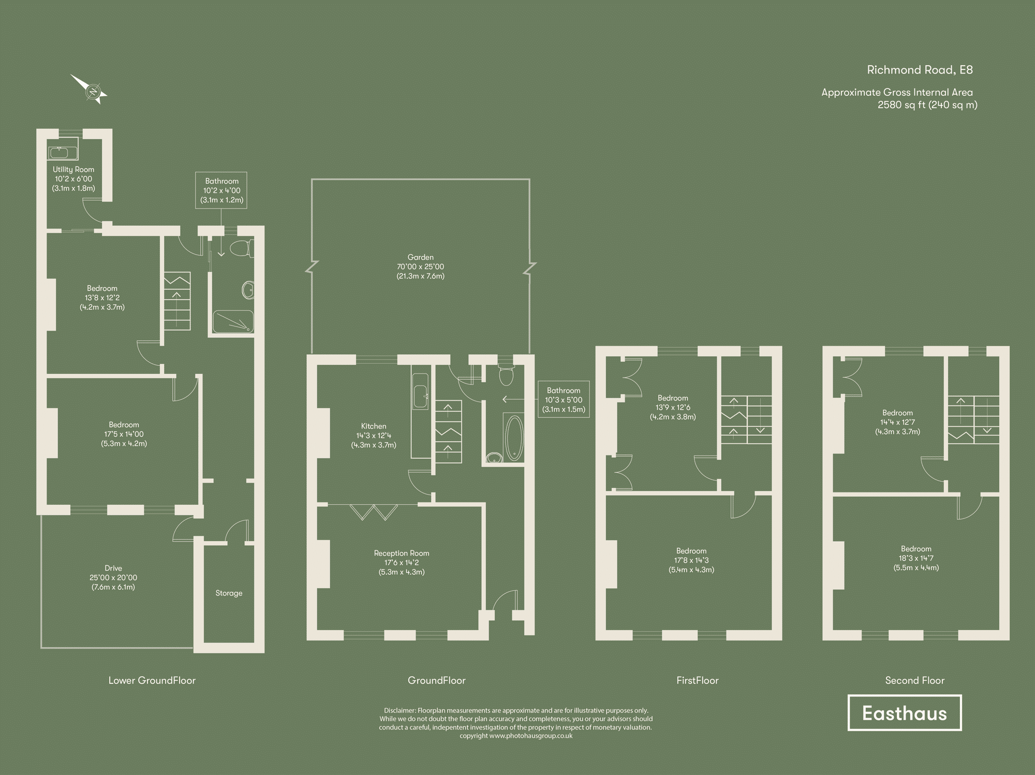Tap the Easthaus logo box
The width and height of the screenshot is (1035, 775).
pyautogui.click(x=904, y=713)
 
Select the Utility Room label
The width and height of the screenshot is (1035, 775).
pyautogui.click(x=73, y=169)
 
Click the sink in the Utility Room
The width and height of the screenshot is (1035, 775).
pyautogui.click(x=63, y=153)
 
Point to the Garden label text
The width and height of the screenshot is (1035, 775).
pyautogui.click(x=420, y=257)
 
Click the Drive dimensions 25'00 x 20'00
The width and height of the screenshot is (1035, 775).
pyautogui.click(x=113, y=577)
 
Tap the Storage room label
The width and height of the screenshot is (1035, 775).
pyautogui.click(x=229, y=593)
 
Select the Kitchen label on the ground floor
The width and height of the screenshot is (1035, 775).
pyautogui.click(x=374, y=426)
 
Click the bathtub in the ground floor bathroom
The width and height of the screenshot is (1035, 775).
pyautogui.click(x=514, y=438)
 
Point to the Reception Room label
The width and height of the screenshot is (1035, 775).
pyautogui.click(x=402, y=553)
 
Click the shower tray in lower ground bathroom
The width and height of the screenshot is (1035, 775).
pyautogui.click(x=233, y=321)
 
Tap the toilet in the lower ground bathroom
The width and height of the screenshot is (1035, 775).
pyautogui.click(x=242, y=248)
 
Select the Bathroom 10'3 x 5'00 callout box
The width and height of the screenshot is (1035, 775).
pyautogui.click(x=564, y=399)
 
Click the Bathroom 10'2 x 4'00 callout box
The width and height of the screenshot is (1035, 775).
pyautogui.click(x=221, y=190)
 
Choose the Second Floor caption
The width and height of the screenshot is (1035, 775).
pyautogui.click(x=914, y=680)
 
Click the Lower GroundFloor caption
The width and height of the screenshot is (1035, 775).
pyautogui.click(x=152, y=680)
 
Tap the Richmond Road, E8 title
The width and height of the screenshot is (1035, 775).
pyautogui.click(x=920, y=70)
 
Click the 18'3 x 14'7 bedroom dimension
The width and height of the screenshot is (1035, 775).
pyautogui.click(x=916, y=558)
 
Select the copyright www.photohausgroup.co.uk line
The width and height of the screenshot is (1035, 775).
pyautogui.click(x=515, y=736)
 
